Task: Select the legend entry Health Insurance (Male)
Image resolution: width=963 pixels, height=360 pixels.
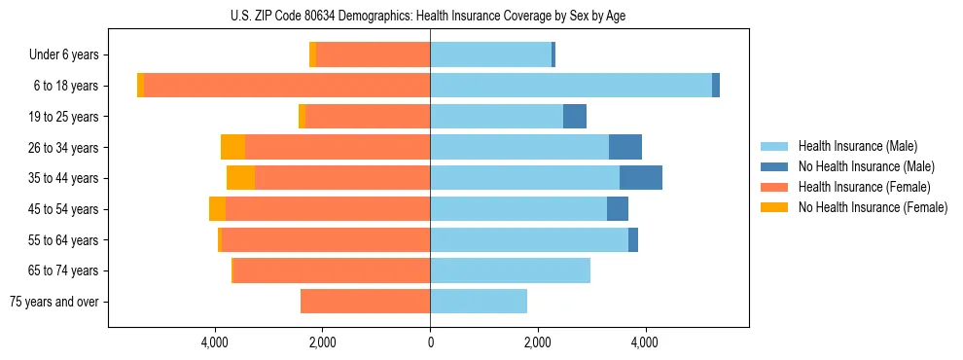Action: (x=857, y=146)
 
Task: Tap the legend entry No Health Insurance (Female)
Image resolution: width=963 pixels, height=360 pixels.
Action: (x=872, y=207)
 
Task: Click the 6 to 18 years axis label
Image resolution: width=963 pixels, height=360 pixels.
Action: (x=66, y=86)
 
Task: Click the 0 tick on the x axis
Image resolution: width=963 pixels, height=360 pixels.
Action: (x=430, y=342)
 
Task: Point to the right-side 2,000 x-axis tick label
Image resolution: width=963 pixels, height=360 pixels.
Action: (x=538, y=342)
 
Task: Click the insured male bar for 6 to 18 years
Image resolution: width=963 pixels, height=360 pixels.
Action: (x=571, y=86)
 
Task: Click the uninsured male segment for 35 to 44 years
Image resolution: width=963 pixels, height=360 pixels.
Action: (x=641, y=178)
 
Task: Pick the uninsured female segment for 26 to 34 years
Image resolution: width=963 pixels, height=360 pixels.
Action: (x=232, y=147)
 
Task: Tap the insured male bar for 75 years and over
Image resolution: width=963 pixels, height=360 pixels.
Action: (x=479, y=302)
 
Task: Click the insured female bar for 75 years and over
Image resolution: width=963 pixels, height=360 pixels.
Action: (x=365, y=302)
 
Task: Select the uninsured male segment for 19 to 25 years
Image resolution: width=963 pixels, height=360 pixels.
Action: (x=575, y=117)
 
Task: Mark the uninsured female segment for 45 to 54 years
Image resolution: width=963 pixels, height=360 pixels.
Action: (x=217, y=209)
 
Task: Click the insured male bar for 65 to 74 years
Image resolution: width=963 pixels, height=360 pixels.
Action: (x=510, y=270)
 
